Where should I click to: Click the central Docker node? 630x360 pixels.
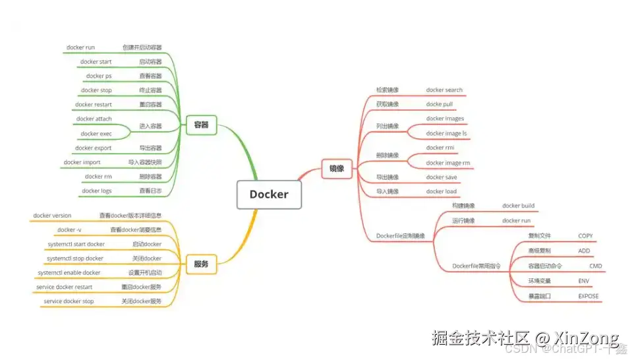[x=269, y=195]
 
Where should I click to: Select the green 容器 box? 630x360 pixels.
[x=201, y=124]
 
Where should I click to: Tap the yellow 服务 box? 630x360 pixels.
[x=201, y=264]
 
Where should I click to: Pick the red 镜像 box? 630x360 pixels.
[x=337, y=168]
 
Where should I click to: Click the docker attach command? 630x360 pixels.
[x=94, y=119]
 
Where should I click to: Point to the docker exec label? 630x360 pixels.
[x=96, y=134]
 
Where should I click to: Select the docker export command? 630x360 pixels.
[x=94, y=148]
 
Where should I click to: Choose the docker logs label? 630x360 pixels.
[x=97, y=191]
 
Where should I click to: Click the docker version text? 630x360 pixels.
[x=53, y=216]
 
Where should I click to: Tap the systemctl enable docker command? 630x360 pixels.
[x=69, y=273]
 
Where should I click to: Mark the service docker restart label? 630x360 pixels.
[x=65, y=287]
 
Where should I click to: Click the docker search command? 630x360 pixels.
[x=444, y=90]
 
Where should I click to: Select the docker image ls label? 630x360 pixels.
[x=446, y=134]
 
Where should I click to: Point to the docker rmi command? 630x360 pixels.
[x=440, y=148]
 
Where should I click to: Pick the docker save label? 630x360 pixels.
[x=442, y=177]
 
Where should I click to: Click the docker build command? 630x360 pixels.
[x=519, y=206]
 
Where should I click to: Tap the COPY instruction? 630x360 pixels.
[x=585, y=236]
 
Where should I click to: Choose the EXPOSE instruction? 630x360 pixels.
[x=588, y=297]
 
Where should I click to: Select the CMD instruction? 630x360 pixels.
[x=596, y=266]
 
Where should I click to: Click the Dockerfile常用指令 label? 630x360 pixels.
[x=476, y=266]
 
